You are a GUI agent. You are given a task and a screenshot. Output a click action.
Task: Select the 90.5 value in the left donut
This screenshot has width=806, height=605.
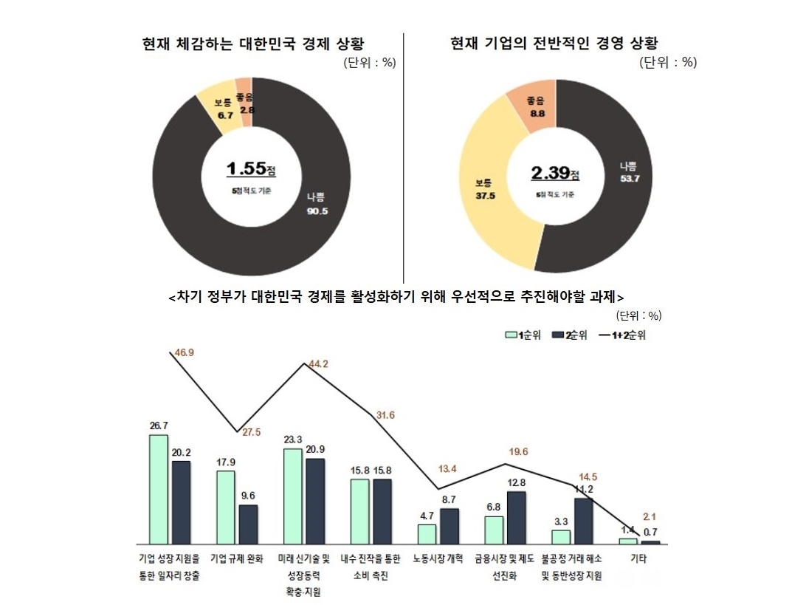coord(317,211)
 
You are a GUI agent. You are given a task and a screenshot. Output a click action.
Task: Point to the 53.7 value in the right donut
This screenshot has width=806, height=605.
coord(629,179)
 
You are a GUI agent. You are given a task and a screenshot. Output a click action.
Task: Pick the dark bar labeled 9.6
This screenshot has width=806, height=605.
coord(248,524)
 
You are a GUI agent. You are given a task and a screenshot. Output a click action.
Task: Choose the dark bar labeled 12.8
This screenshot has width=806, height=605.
coord(516,517)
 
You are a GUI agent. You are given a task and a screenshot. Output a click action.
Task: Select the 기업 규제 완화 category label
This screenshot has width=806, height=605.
coord(236,558)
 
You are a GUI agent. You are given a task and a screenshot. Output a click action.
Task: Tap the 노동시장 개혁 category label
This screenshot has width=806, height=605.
coord(438,558)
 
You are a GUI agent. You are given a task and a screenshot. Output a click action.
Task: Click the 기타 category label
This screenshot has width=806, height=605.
coord(639,558)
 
